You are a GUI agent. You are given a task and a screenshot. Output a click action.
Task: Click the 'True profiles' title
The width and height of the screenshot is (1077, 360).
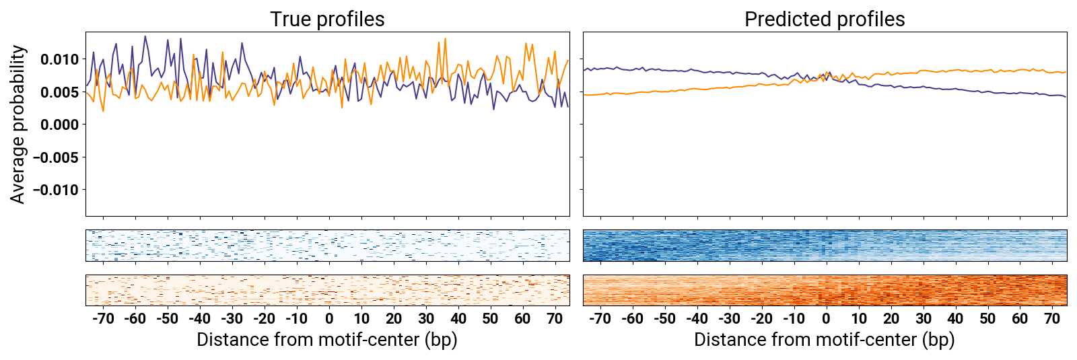pyautogui.click(x=327, y=20)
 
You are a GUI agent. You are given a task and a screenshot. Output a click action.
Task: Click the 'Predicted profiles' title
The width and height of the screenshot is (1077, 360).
pyautogui.click(x=825, y=20)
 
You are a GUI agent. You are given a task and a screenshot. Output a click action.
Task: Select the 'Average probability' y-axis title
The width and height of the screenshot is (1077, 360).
pyautogui.click(x=18, y=124)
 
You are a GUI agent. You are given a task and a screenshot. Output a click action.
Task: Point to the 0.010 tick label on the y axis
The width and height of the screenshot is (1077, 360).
pyautogui.click(x=59, y=59)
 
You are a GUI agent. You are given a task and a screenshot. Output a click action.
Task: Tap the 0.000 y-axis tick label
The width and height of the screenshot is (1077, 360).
pyautogui.click(x=59, y=124)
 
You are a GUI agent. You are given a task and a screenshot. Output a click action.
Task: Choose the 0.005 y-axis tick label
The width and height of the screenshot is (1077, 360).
pyautogui.click(x=59, y=92)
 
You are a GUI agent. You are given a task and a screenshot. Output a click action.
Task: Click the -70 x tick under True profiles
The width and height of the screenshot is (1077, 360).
pyautogui.click(x=102, y=319)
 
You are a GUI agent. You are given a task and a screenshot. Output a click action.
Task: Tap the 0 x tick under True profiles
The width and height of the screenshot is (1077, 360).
pyautogui.click(x=329, y=319)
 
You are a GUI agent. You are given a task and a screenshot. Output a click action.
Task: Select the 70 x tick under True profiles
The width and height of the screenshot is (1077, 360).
pyautogui.click(x=555, y=319)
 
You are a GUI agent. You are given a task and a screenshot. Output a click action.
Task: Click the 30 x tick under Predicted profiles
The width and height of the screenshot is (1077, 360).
pyautogui.click(x=923, y=319)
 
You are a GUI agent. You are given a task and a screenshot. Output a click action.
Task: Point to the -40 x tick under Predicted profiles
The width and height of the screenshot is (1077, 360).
pyautogui.click(x=697, y=319)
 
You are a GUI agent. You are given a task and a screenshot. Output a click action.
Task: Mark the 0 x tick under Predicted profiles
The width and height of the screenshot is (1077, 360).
pyautogui.click(x=826, y=319)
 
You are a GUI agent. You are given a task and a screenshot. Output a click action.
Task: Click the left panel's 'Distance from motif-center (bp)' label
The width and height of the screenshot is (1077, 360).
pyautogui.click(x=327, y=340)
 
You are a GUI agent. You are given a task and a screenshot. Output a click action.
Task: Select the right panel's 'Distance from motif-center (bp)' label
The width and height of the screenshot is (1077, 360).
pyautogui.click(x=825, y=340)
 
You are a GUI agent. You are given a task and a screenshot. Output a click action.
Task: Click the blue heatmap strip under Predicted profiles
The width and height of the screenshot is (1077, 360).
pyautogui.click(x=825, y=246)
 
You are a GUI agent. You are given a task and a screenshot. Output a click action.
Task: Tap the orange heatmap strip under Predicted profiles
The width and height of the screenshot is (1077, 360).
pyautogui.click(x=825, y=290)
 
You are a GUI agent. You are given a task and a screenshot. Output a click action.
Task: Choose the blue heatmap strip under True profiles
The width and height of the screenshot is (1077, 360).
pyautogui.click(x=327, y=246)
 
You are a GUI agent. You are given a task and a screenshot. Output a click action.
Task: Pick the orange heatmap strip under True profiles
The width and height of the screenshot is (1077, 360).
pyautogui.click(x=327, y=290)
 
